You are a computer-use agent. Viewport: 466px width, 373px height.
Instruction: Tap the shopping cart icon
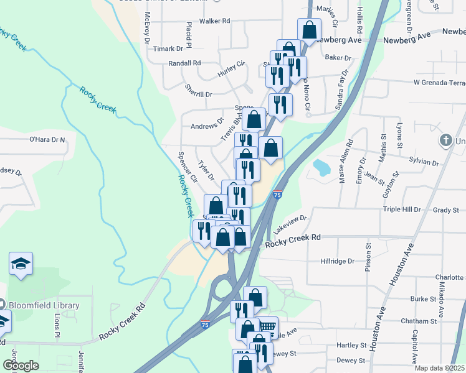pos(268,326)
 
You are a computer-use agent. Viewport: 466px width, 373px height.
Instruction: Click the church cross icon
pos(445,140)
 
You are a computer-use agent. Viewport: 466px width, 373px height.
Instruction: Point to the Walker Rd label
pos(215,21)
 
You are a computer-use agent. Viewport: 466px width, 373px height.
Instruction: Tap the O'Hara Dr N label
pos(47,140)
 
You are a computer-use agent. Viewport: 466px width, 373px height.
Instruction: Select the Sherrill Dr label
pos(199,94)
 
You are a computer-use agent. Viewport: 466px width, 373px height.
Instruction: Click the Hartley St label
pos(351,345)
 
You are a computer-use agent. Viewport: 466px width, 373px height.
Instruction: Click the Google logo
pos(21,366)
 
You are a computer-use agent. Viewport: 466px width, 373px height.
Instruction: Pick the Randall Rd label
pos(185,63)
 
